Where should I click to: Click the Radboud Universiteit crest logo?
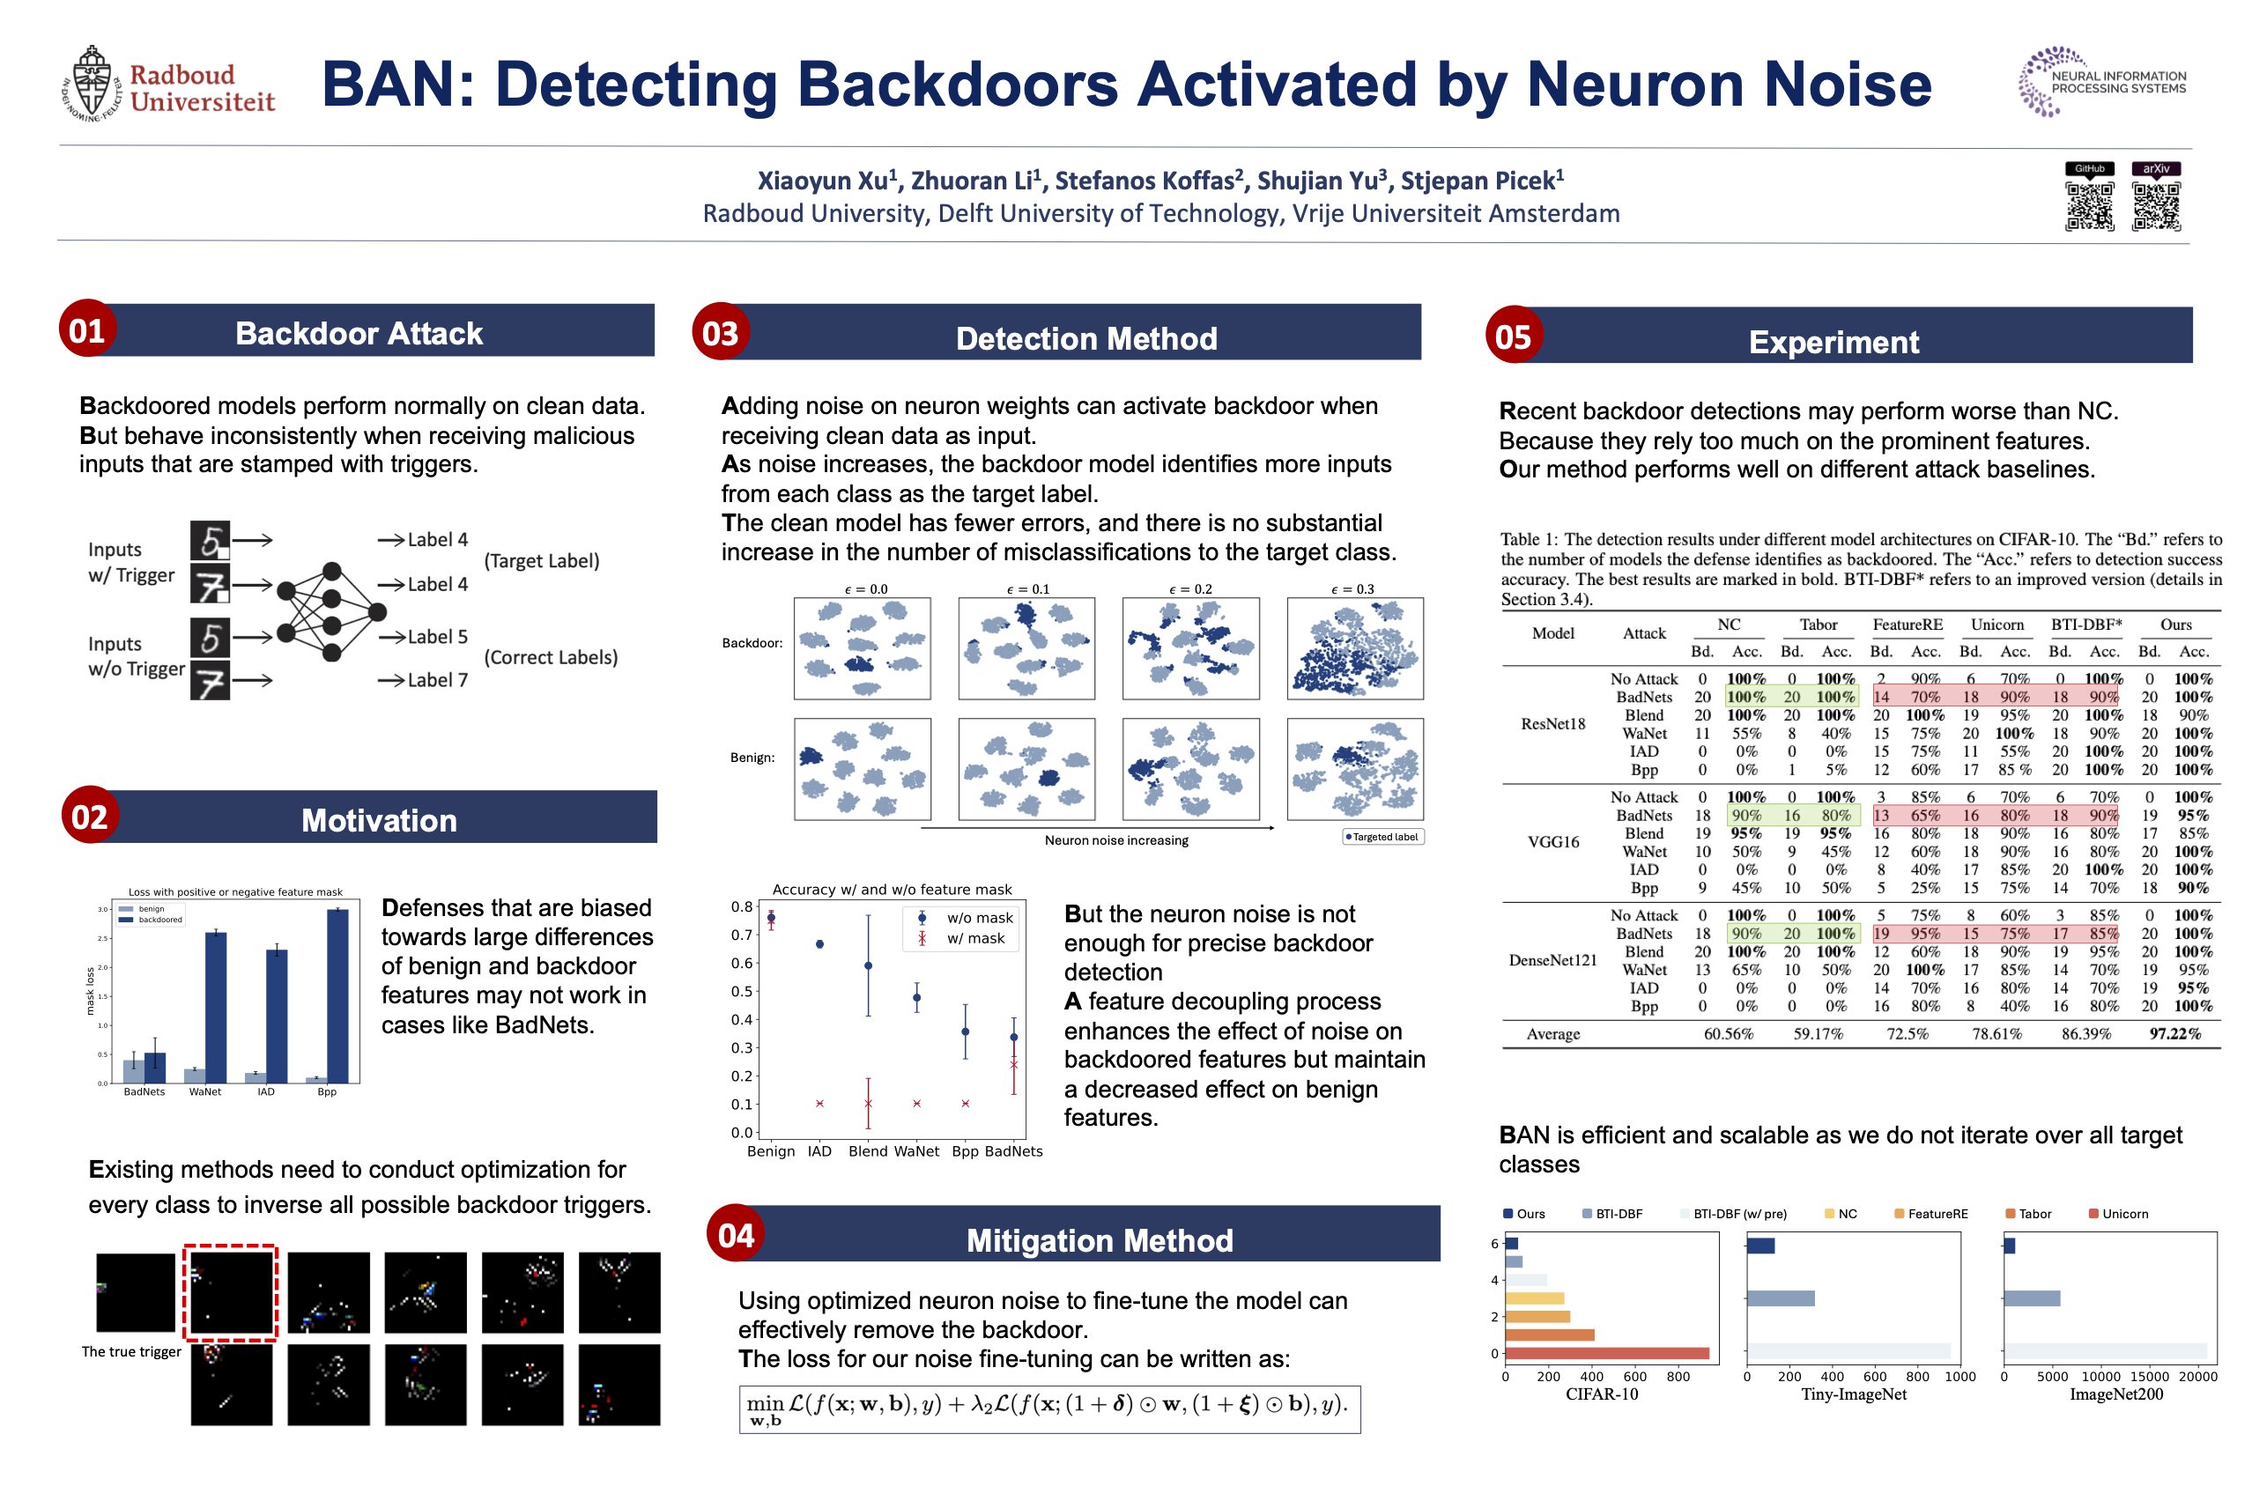click(x=92, y=85)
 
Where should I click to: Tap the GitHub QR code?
click(x=2088, y=206)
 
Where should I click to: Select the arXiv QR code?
click(x=2155, y=206)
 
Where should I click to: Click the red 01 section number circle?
click(x=87, y=330)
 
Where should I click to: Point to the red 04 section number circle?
click(x=736, y=1235)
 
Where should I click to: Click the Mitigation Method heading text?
click(x=1100, y=1240)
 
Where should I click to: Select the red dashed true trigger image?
click(x=231, y=1292)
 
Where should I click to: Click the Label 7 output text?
click(x=437, y=680)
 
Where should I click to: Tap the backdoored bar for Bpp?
click(x=337, y=995)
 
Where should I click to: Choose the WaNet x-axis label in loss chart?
click(x=205, y=1091)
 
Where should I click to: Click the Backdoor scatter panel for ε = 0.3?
click(x=1355, y=648)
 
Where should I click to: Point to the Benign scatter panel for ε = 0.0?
click(x=862, y=769)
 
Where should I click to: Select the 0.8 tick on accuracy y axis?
click(x=742, y=906)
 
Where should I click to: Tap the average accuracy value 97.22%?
click(x=2174, y=1034)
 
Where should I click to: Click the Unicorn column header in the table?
click(x=1997, y=625)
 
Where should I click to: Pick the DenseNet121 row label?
click(x=1552, y=960)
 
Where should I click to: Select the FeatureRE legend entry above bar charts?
click(x=1937, y=1214)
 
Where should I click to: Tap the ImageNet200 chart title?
click(x=2115, y=1394)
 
